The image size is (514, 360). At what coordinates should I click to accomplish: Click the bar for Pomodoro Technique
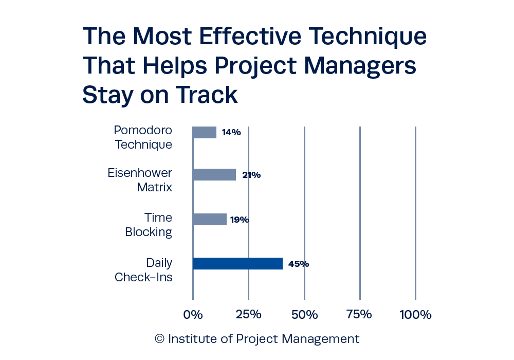(x=204, y=132)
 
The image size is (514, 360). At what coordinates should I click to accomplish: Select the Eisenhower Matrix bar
(x=214, y=175)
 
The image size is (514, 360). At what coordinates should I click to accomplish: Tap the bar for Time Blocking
(x=209, y=219)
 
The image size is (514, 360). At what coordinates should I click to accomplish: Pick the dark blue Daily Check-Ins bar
(x=238, y=264)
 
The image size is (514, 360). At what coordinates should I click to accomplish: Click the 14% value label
(x=231, y=132)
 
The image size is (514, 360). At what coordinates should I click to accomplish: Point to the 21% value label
(x=251, y=175)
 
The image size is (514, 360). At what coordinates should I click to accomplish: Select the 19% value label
(x=239, y=220)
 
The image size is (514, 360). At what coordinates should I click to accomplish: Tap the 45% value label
(x=298, y=264)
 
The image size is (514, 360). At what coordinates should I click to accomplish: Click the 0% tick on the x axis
(x=193, y=314)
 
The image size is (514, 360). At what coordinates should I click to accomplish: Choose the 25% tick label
(x=248, y=314)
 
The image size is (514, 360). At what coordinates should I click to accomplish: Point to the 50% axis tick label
(x=304, y=314)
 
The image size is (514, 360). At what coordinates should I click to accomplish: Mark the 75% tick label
(x=359, y=314)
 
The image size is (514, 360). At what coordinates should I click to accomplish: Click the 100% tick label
(x=415, y=314)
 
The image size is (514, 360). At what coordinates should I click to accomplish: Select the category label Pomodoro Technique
(x=143, y=137)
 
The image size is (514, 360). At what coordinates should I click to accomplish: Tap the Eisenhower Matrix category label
(x=140, y=180)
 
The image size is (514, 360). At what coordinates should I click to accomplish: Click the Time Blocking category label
(x=149, y=225)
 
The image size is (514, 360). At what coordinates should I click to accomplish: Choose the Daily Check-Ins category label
(x=144, y=269)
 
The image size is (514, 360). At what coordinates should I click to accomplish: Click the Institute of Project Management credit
(x=257, y=339)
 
